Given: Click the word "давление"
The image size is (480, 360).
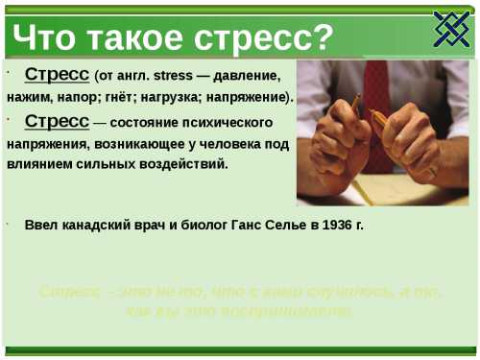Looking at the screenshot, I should coord(251,75).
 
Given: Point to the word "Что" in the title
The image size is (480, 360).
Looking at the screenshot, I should coord(42,37).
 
